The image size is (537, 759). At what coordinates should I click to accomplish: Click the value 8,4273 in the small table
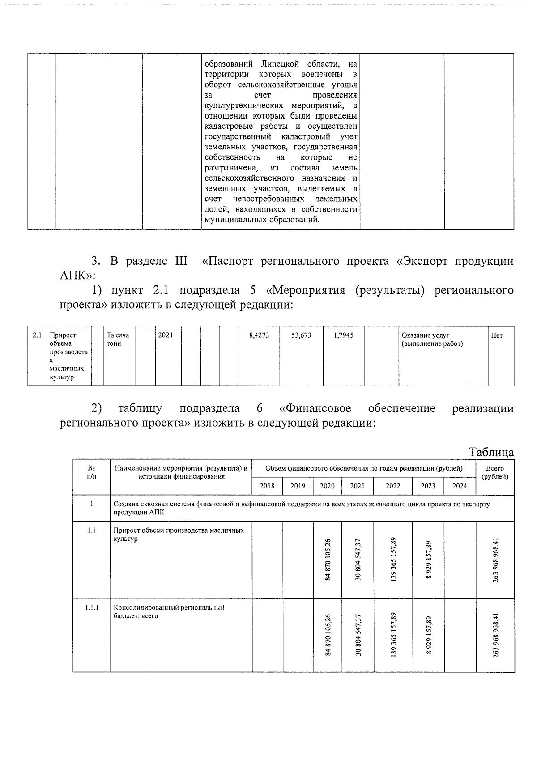coord(259,335)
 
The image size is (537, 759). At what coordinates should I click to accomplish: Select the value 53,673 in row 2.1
coord(301,335)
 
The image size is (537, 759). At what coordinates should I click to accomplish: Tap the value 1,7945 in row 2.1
coord(343,335)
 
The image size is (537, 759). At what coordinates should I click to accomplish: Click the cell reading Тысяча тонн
coord(118,339)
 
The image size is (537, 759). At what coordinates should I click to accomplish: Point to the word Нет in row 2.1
coord(497,335)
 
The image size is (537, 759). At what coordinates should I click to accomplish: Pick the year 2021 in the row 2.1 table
coord(166,335)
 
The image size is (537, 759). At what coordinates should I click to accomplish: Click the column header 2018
coord(267,486)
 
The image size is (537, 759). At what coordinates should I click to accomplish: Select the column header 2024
coord(460,486)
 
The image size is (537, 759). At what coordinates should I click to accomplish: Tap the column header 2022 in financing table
coord(393,486)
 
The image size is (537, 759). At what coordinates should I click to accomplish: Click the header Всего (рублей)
coord(495,473)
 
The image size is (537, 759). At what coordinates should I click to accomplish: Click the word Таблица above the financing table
coord(491,452)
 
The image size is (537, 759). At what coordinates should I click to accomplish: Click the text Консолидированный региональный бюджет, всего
coord(169,612)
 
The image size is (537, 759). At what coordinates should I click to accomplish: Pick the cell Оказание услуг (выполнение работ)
coord(432,339)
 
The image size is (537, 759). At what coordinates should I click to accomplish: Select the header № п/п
coord(92,473)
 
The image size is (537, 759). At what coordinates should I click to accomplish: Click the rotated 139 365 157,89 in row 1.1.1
coord(393,635)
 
